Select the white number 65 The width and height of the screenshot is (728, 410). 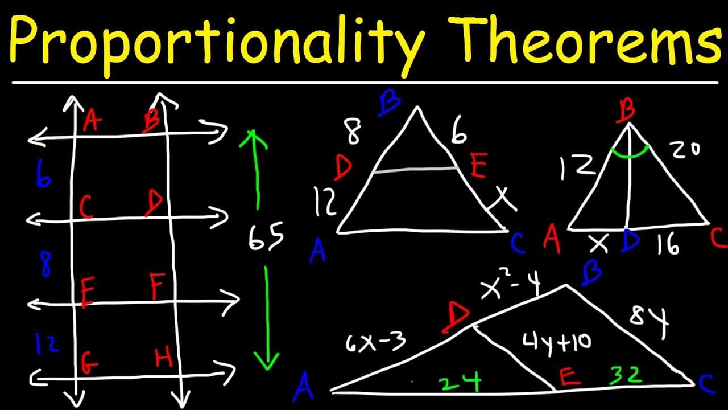[x=266, y=237]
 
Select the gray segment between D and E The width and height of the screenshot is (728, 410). [x=415, y=169]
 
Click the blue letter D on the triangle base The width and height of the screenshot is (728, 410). [x=630, y=242]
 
